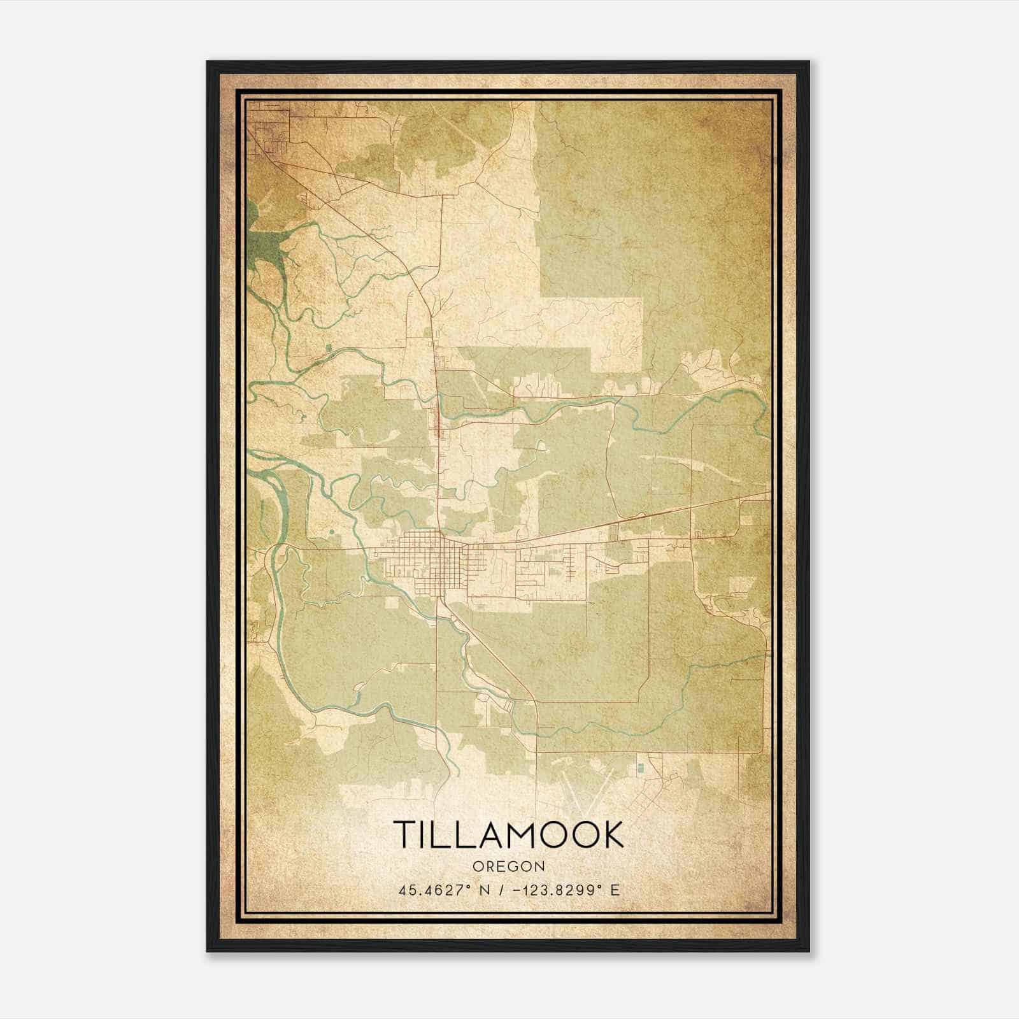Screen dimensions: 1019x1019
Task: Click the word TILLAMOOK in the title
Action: point(509,834)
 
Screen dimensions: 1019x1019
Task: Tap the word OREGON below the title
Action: point(509,866)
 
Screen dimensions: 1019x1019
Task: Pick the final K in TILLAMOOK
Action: point(613,834)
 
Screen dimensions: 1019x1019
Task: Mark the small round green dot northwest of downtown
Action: point(331,530)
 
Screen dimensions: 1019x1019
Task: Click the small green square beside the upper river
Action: point(328,348)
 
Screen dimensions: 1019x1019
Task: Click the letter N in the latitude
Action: point(468,890)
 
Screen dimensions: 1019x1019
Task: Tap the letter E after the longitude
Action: point(615,890)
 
